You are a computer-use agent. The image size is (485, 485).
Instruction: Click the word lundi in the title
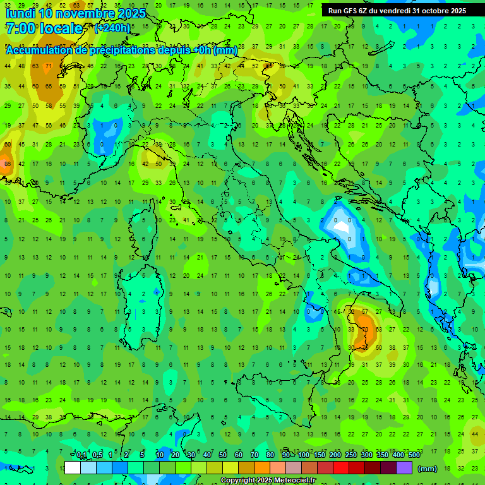21,13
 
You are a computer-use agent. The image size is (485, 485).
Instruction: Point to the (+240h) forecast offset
112,28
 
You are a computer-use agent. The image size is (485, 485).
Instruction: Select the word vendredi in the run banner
395,11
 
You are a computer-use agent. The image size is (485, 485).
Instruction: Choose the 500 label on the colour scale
414,455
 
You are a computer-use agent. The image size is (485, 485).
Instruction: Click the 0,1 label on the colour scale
82,455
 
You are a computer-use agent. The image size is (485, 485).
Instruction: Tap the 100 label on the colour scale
304,455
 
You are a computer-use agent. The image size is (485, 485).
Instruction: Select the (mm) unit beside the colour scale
428,469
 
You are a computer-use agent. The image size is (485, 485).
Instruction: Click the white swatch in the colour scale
73,468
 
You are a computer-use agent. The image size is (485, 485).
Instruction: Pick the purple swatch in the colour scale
404,468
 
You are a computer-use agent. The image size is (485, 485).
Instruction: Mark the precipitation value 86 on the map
8,164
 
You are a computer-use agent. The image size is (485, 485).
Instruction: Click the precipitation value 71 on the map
49,66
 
